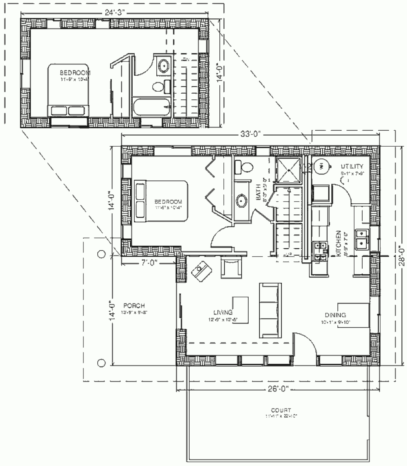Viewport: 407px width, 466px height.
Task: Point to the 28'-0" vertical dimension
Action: [x=400, y=255]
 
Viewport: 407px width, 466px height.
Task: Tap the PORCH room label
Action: [x=134, y=306]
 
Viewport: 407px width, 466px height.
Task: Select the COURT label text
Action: [x=281, y=410]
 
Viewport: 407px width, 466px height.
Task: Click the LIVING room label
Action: [x=222, y=313]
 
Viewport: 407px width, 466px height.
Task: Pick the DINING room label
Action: [x=335, y=315]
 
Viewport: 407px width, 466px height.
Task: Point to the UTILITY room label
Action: [x=352, y=167]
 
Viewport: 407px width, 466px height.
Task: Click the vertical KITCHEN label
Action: [x=337, y=244]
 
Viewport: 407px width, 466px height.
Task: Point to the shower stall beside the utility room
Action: [x=289, y=171]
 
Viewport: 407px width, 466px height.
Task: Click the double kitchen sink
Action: [x=361, y=239]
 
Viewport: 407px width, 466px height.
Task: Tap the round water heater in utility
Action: [x=322, y=166]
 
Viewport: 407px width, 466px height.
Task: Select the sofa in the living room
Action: [x=270, y=310]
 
